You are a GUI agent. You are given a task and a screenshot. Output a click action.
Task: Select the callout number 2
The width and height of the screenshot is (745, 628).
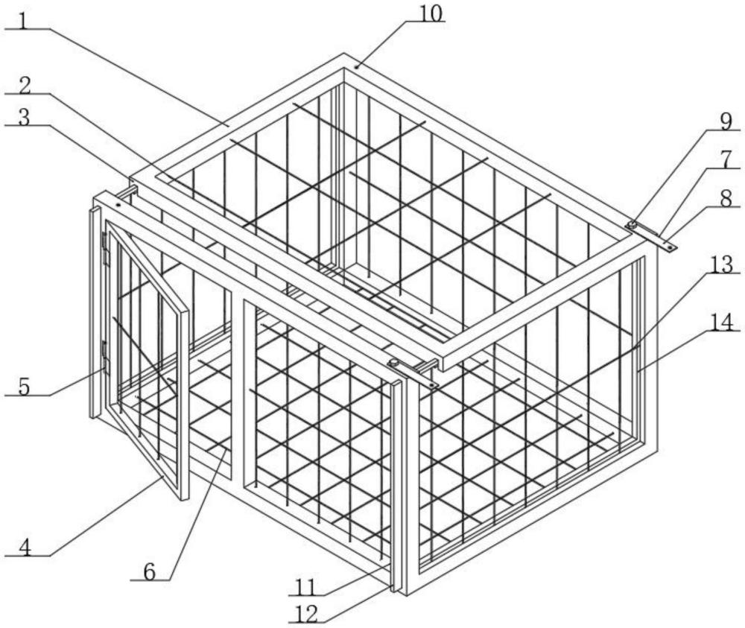click(25, 83)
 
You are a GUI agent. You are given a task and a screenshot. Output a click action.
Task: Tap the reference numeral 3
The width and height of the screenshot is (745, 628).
click(25, 115)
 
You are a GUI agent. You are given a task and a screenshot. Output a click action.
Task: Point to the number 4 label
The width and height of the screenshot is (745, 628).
click(25, 545)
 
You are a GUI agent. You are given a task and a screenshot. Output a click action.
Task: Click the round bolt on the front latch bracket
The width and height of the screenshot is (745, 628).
click(393, 364)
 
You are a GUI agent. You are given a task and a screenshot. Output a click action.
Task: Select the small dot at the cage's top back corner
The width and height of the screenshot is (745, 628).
click(357, 67)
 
